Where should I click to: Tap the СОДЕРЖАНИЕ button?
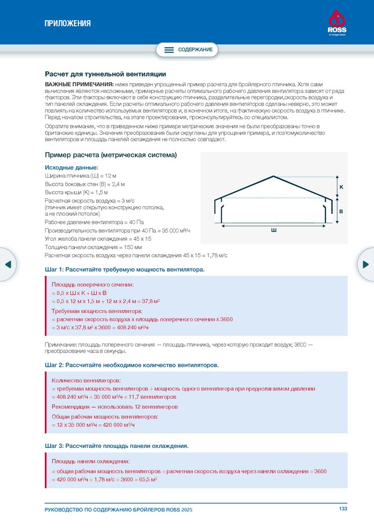[x=188, y=50]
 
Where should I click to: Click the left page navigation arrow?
[x=8, y=264]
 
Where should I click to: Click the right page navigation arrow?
[x=366, y=264]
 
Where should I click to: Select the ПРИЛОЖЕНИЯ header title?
[x=67, y=23]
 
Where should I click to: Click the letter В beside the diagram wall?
[x=341, y=212]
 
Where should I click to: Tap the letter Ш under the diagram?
[x=274, y=230]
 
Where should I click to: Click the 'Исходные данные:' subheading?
[x=71, y=167]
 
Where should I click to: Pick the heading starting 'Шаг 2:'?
[x=132, y=365]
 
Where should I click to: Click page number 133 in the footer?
[x=343, y=509]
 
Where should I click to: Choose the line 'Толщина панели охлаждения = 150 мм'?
[x=93, y=247]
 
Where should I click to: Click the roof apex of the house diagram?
[x=274, y=176]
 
